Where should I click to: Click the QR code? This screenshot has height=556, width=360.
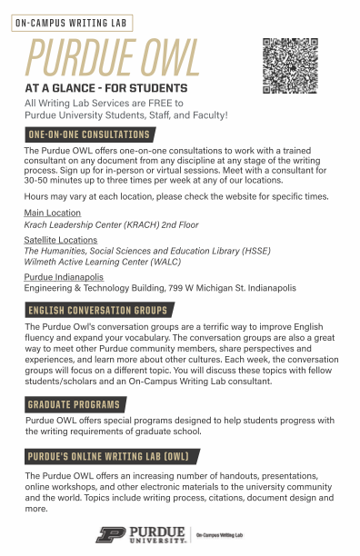point(293,65)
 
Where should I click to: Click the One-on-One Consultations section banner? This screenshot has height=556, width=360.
point(89,134)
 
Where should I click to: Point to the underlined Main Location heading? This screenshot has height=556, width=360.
point(52,213)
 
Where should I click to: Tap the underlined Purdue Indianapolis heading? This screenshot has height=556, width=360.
point(64,276)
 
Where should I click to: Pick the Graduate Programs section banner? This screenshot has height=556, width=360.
point(73,404)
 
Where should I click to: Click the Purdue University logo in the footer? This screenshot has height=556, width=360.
point(142,534)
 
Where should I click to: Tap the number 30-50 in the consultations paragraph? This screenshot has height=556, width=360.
point(38,179)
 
